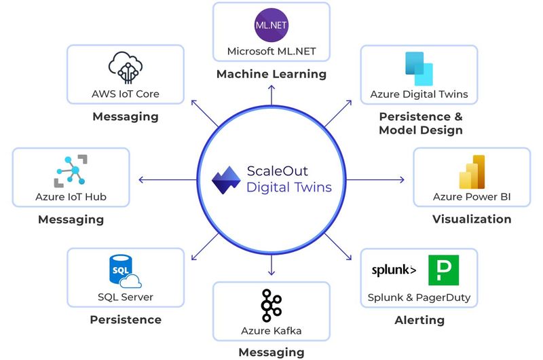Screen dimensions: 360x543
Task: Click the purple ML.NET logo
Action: pyautogui.click(x=271, y=24)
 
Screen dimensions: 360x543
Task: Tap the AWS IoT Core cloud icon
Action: pyautogui.click(x=126, y=67)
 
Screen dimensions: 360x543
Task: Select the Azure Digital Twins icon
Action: pyautogui.click(x=419, y=68)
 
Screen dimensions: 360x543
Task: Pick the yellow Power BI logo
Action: pyautogui.click(x=472, y=171)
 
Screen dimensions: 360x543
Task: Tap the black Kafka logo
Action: pyautogui.click(x=271, y=305)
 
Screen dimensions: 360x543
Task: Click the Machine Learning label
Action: pyautogui.click(x=271, y=73)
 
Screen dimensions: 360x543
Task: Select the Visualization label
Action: pyautogui.click(x=472, y=219)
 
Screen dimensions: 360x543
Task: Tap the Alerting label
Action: pyautogui.click(x=419, y=320)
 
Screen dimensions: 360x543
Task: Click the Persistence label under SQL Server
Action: pyautogui.click(x=126, y=319)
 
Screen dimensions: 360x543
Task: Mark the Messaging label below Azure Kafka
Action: pyautogui.click(x=271, y=352)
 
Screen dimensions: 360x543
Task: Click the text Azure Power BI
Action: pyautogui.click(x=472, y=198)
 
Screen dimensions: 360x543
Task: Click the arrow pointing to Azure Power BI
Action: pyautogui.click(x=377, y=179)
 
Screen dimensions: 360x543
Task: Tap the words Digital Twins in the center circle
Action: pyautogui.click(x=288, y=187)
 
